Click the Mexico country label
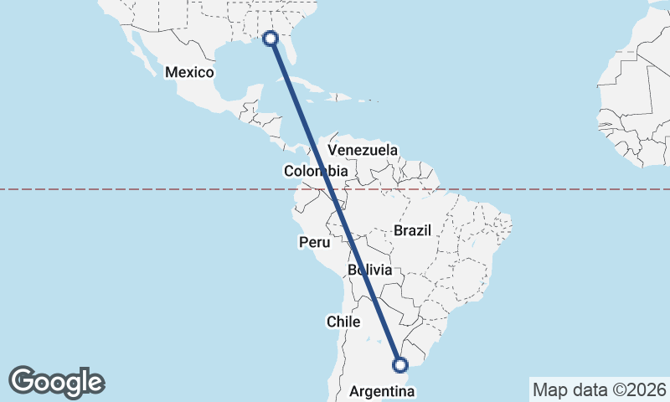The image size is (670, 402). [190, 72]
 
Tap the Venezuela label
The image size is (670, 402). [363, 150]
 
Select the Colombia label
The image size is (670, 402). [314, 171]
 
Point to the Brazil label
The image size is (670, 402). [411, 230]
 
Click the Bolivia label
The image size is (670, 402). [369, 270]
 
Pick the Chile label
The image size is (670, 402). [343, 322]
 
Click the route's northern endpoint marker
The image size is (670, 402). [271, 38]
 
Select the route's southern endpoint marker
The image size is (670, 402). [400, 364]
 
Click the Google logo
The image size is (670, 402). [56, 382]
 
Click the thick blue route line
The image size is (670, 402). [335, 201]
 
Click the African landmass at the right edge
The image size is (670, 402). [636, 100]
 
